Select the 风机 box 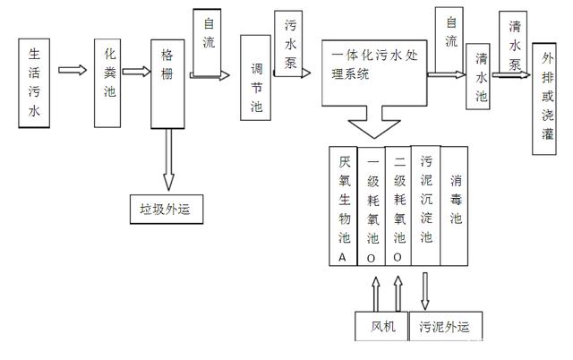point(380,326)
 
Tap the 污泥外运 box point(445,326)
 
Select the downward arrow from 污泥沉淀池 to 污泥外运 point(426,288)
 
